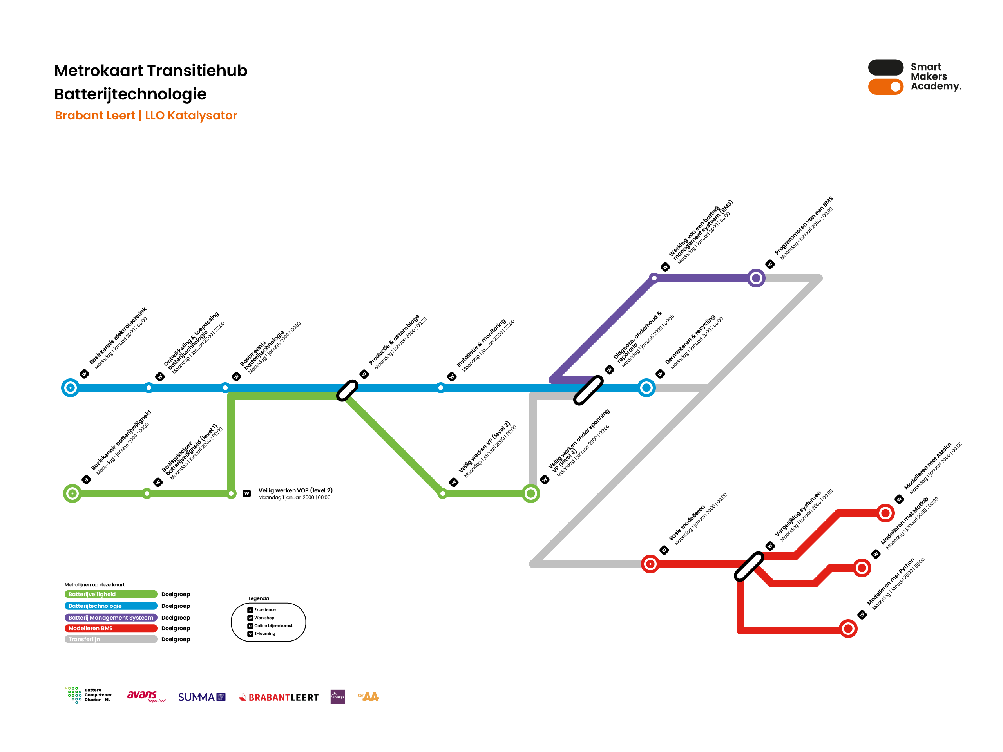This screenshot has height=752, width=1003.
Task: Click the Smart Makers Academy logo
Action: [914, 77]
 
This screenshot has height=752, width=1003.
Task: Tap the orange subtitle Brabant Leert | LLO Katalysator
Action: [146, 116]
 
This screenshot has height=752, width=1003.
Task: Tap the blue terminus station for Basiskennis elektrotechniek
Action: [70, 388]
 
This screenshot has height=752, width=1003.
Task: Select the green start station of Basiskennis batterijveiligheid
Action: [72, 493]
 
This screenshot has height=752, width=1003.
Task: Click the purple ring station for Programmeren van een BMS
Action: [756, 278]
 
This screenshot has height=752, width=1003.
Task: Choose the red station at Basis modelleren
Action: [650, 564]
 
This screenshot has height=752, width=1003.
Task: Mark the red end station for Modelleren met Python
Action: [848, 629]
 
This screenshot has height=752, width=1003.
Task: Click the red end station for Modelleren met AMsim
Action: [885, 513]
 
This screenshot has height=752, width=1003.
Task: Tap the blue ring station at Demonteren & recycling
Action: [646, 388]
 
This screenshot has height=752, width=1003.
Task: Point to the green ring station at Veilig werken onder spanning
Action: [531, 493]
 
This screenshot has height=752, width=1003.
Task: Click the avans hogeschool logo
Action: [146, 696]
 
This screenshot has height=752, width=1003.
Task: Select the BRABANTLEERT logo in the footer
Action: [279, 697]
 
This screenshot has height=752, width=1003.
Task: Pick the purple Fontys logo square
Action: [338, 697]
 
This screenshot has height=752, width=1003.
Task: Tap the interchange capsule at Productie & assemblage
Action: [348, 390]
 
